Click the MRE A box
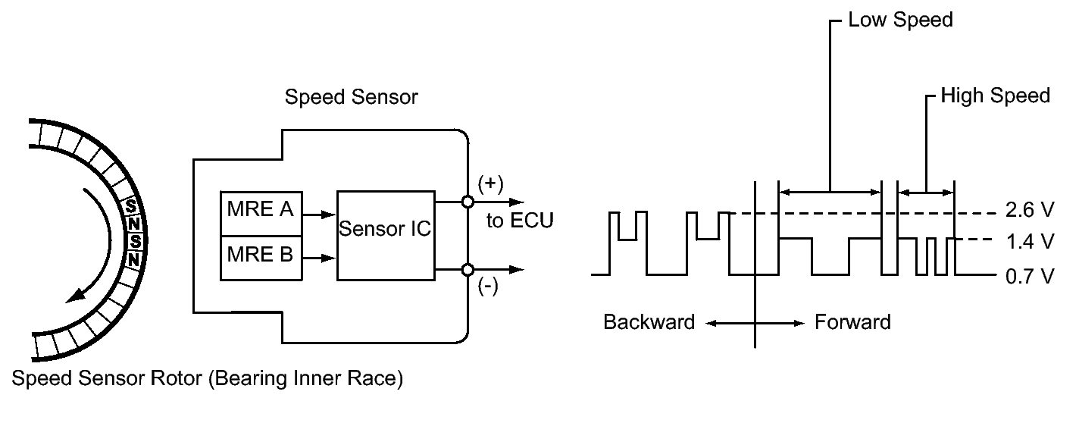[260, 210]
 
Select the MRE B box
[260, 253]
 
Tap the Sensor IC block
[385, 229]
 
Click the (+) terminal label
[489, 184]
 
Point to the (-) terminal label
[489, 288]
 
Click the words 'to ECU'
[519, 221]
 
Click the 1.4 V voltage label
[1029, 242]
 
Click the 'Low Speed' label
[900, 20]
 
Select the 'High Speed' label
[995, 96]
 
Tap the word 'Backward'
[649, 322]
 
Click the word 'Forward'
[852, 322]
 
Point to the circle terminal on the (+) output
[468, 202]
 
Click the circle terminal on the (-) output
[468, 269]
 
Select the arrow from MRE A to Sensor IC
[319, 215]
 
